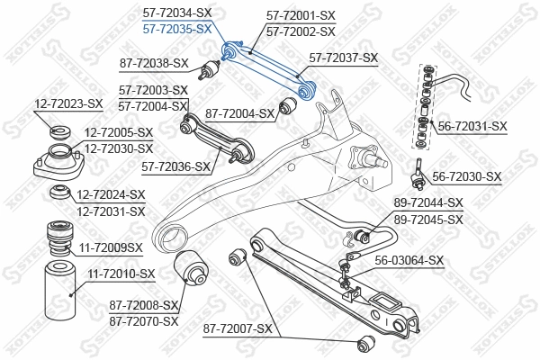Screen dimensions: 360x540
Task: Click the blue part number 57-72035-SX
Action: [177, 29]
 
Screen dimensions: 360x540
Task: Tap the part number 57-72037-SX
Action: [343, 58]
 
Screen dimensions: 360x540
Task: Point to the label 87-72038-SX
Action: [154, 63]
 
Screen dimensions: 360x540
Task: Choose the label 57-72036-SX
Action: [177, 166]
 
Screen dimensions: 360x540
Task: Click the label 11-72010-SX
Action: [121, 273]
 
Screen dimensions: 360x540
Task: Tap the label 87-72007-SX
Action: [238, 329]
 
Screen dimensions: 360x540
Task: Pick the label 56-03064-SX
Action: [409, 261]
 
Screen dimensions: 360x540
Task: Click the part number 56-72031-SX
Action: [472, 127]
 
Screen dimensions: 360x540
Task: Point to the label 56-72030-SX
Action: [466, 176]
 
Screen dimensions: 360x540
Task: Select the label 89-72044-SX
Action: [428, 203]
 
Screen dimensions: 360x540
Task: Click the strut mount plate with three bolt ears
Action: [58, 165]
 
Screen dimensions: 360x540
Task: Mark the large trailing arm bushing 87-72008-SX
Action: [194, 267]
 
